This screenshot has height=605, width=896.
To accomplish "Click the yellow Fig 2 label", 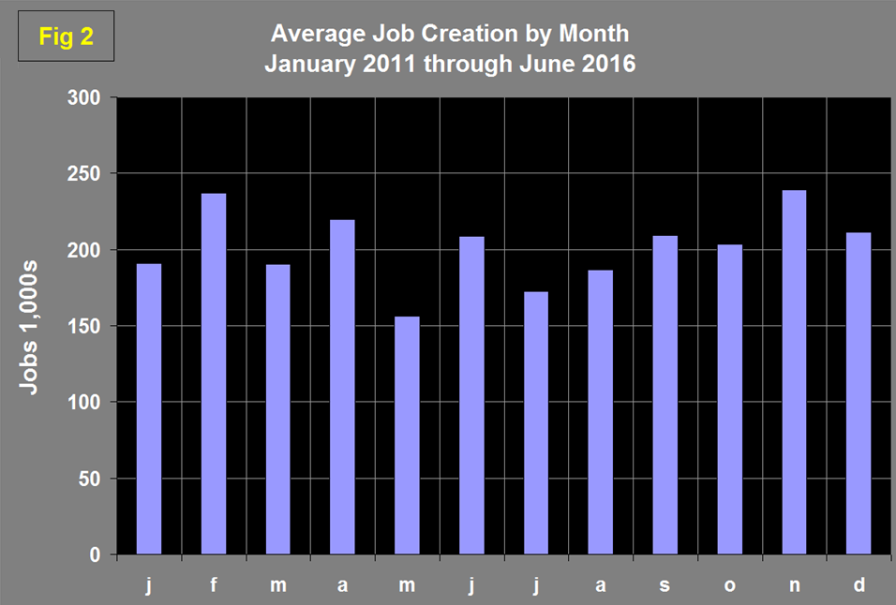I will pos(65,37).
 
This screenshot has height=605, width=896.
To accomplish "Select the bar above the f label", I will pos(214,374).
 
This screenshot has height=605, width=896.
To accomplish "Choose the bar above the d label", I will pos(859,393).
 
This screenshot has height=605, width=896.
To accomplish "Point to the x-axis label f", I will pos(214,585).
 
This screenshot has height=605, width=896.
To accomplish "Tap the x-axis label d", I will pos(859,585).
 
